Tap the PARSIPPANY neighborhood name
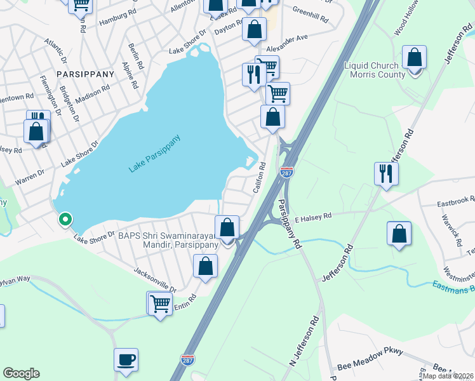[x=86, y=74]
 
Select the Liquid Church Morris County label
[x=375, y=70]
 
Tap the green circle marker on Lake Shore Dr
[x=64, y=220]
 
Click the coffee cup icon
[x=126, y=359]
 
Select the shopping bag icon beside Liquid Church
[x=414, y=58]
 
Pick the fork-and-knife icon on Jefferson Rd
[x=386, y=173]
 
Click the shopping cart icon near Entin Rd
[x=160, y=303]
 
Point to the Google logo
[x=21, y=373]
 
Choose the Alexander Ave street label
[x=287, y=43]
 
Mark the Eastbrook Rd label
[x=456, y=201]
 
